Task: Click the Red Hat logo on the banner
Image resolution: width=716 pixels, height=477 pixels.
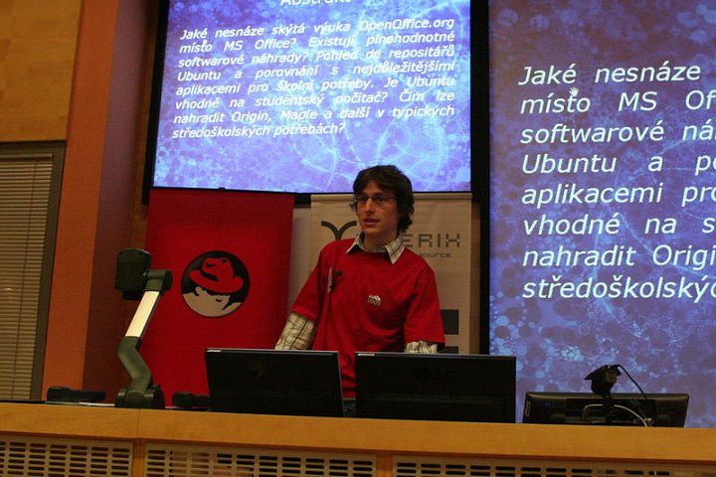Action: coord(215,283)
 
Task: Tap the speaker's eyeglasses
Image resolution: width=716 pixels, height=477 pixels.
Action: coord(374,200)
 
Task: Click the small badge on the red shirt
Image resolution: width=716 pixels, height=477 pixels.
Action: coord(374,299)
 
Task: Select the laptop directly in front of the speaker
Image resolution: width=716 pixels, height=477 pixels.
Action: coord(273,382)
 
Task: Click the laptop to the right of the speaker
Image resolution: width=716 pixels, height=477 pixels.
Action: coord(435,387)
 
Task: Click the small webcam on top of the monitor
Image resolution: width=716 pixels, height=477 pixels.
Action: coord(603,379)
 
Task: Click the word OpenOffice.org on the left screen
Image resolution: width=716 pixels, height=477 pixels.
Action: coord(408,24)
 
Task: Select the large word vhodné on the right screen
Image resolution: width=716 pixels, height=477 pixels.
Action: coord(570,225)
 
